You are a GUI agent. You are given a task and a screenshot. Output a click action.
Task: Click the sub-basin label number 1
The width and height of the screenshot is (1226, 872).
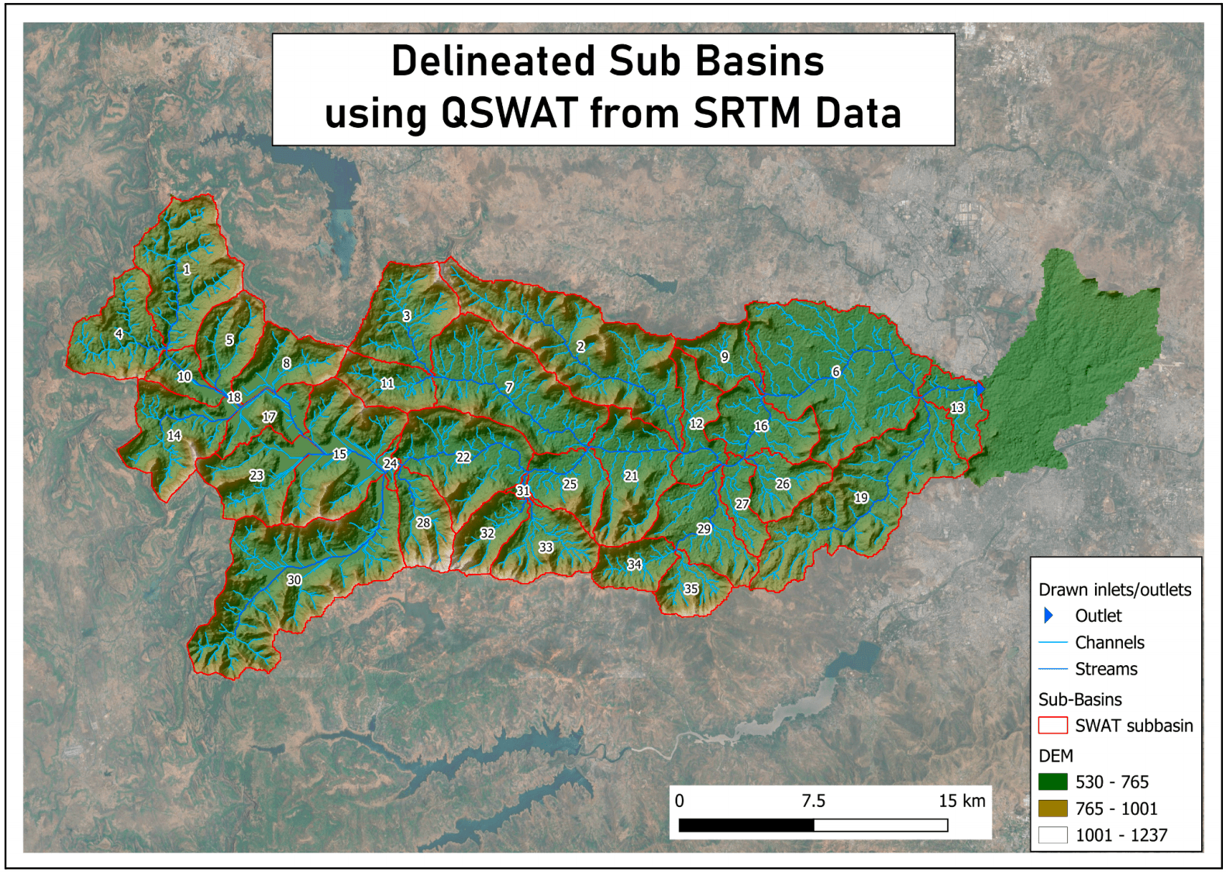click(x=187, y=269)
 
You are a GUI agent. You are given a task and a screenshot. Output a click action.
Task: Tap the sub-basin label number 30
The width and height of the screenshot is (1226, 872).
click(x=294, y=579)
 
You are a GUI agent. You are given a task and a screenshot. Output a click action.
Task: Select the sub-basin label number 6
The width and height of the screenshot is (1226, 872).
click(x=835, y=372)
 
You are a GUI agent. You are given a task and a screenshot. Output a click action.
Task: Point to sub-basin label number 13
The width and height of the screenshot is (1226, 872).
click(x=957, y=407)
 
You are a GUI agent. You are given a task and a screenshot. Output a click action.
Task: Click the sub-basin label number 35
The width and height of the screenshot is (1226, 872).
click(x=690, y=589)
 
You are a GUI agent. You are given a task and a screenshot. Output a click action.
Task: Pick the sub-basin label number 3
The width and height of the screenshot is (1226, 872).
click(x=406, y=315)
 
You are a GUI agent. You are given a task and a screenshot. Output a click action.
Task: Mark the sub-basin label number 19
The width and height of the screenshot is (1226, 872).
click(x=861, y=497)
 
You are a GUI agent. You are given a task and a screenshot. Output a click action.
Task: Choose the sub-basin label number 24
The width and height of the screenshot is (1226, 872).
click(x=390, y=463)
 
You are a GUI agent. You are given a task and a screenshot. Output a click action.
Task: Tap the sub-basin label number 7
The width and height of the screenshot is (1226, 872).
click(x=508, y=386)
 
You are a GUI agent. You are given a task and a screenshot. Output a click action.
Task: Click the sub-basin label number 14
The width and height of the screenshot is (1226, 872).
click(x=174, y=435)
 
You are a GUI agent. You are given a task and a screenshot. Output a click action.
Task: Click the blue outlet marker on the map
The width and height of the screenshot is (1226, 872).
click(x=980, y=387)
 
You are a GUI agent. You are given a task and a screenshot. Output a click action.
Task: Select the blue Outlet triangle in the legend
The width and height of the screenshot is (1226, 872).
click(x=1049, y=616)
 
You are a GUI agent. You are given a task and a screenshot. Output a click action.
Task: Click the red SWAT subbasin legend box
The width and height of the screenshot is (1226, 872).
click(x=1052, y=726)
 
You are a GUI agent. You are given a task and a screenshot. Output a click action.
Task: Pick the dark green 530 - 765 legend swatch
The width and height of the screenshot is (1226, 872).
click(x=1052, y=781)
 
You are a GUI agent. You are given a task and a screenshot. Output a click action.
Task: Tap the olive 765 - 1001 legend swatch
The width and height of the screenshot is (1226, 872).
click(x=1052, y=808)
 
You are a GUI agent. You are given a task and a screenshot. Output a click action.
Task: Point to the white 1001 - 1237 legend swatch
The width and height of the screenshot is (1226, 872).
click(x=1052, y=835)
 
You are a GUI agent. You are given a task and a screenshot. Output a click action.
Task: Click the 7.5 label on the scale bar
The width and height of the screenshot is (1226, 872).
click(x=813, y=801)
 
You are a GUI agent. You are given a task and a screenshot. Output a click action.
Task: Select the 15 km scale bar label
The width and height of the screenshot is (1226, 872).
click(x=962, y=801)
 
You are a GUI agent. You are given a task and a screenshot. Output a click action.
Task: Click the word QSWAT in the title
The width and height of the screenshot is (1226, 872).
click(x=509, y=113)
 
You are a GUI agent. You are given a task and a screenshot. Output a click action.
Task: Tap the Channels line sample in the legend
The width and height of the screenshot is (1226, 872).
click(x=1052, y=642)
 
